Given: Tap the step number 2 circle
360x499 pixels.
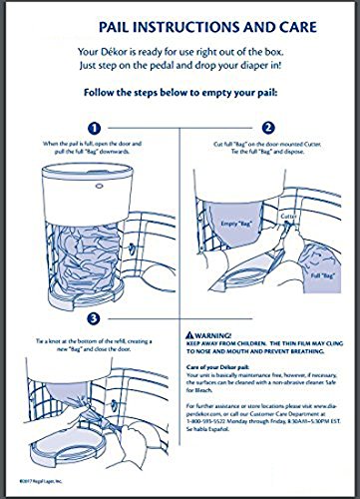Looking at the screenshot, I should [267, 129].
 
